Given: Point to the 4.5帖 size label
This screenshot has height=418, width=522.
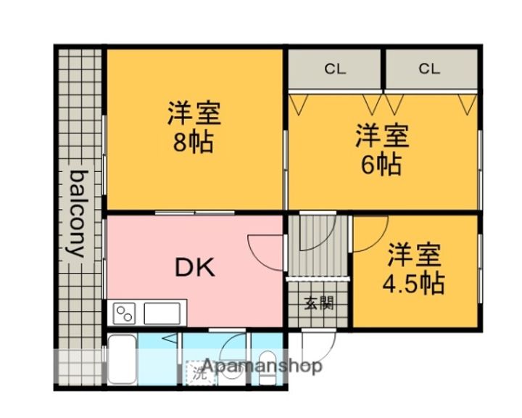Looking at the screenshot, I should [x=413, y=282].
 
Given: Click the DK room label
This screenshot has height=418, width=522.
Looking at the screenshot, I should [x=194, y=268].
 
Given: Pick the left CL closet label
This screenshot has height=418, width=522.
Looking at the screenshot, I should [x=335, y=70].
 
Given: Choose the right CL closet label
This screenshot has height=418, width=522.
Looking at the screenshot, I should [x=429, y=70].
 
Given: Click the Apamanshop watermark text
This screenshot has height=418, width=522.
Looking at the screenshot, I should [x=262, y=367].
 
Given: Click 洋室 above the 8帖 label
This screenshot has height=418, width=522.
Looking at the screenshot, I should [x=194, y=113].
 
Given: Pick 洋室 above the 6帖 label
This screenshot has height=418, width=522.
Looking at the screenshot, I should [x=382, y=136].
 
